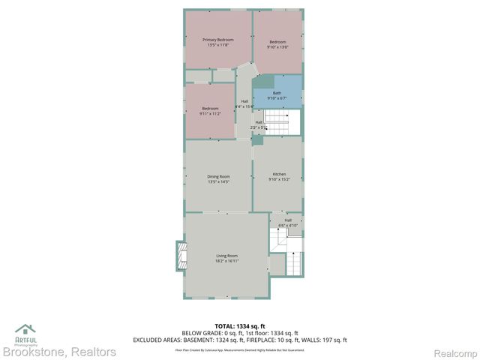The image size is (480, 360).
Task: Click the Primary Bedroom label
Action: pos(218,39)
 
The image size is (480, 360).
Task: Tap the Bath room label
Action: pos(277,93)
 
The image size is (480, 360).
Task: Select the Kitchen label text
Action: pos(279,174)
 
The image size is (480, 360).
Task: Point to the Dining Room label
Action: pos(218,176)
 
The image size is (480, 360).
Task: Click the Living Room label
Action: pos(226,256)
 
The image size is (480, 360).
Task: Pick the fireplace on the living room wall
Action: pos(180,256)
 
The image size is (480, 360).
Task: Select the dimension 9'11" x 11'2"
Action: pos(210,113)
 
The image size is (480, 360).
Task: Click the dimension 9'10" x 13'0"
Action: pos(278,47)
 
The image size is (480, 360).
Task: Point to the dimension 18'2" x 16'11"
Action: pos(226,261)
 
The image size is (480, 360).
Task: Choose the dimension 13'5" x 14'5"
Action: pos(218,181)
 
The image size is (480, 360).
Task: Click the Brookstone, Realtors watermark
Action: pos(58,352)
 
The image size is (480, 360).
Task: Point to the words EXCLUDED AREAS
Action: pos(154,340)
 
